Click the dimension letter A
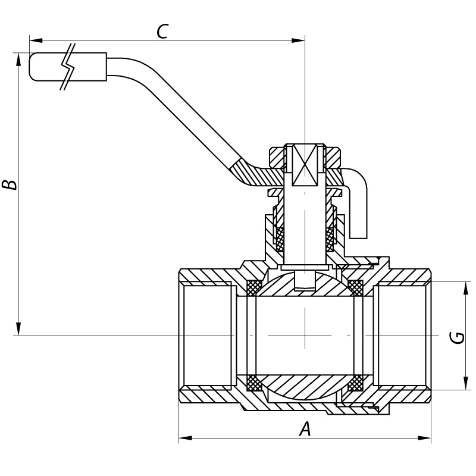[x=305, y=428]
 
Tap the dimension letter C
[x=161, y=32]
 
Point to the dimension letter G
[x=457, y=337]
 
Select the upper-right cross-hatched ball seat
[x=356, y=287]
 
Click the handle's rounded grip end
[x=36, y=67]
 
